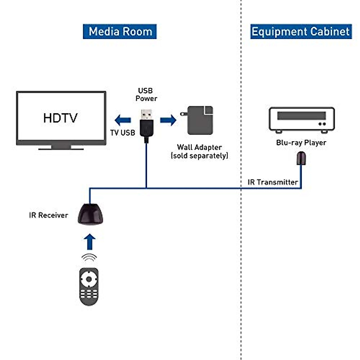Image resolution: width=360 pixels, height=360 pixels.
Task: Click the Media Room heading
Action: [120, 31]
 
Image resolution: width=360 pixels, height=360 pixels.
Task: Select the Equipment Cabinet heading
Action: [301, 31]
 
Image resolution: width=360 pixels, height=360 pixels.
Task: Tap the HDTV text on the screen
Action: [60, 118]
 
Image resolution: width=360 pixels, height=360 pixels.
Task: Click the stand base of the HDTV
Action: [61, 148]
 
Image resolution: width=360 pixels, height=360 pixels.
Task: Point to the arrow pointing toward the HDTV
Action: [123, 120]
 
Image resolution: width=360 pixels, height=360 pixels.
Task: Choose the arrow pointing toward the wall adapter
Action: [168, 120]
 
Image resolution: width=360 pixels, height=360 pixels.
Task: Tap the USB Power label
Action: [146, 94]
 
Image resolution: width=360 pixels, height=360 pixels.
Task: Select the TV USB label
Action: [122, 133]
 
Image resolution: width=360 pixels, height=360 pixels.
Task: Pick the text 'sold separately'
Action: [199, 156]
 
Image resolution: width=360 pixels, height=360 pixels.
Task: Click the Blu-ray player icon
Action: [301, 120]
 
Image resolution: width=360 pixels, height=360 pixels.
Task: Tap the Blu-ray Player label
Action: [301, 142]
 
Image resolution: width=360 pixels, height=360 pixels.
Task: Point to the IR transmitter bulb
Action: [301, 158]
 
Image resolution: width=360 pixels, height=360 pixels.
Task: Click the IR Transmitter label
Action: [273, 182]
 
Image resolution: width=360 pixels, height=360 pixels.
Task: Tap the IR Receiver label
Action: [49, 215]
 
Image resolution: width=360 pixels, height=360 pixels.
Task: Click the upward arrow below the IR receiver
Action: [89, 242]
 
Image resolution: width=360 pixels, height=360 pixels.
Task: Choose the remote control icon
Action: [89, 286]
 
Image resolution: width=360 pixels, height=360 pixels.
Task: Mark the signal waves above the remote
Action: [89, 257]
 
